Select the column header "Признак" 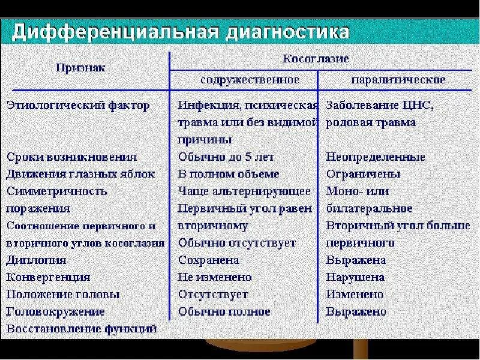tap(80, 68)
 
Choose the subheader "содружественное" tap(250, 79)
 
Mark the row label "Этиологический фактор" tap(78, 106)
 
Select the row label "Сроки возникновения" tap(72, 157)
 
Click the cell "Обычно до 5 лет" tap(226, 157)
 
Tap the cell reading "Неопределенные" tap(376, 157)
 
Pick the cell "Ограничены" tap(363, 174)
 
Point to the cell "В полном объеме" tap(229, 174)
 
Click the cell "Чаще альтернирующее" tap(245, 191)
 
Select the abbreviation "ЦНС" tap(417, 106)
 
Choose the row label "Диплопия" tap(36, 260)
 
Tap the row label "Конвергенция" tap(48, 278)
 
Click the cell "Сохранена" tap(209, 260)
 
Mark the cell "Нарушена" tap(355, 278)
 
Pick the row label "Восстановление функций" tap(82, 329)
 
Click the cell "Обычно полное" tap(224, 312)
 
